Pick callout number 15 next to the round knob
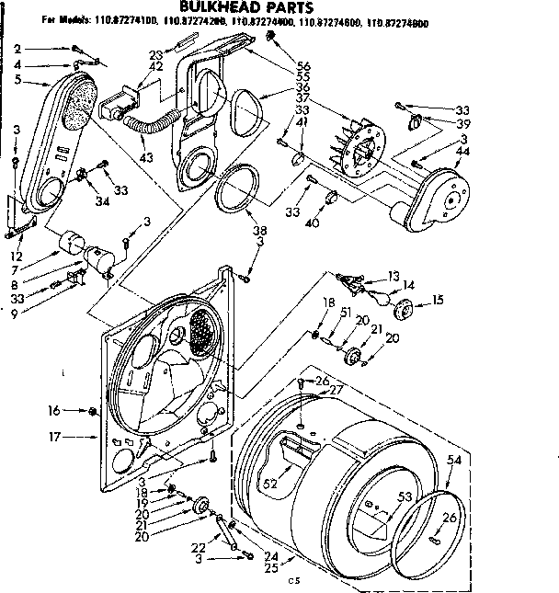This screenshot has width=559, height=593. pos(438,301)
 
